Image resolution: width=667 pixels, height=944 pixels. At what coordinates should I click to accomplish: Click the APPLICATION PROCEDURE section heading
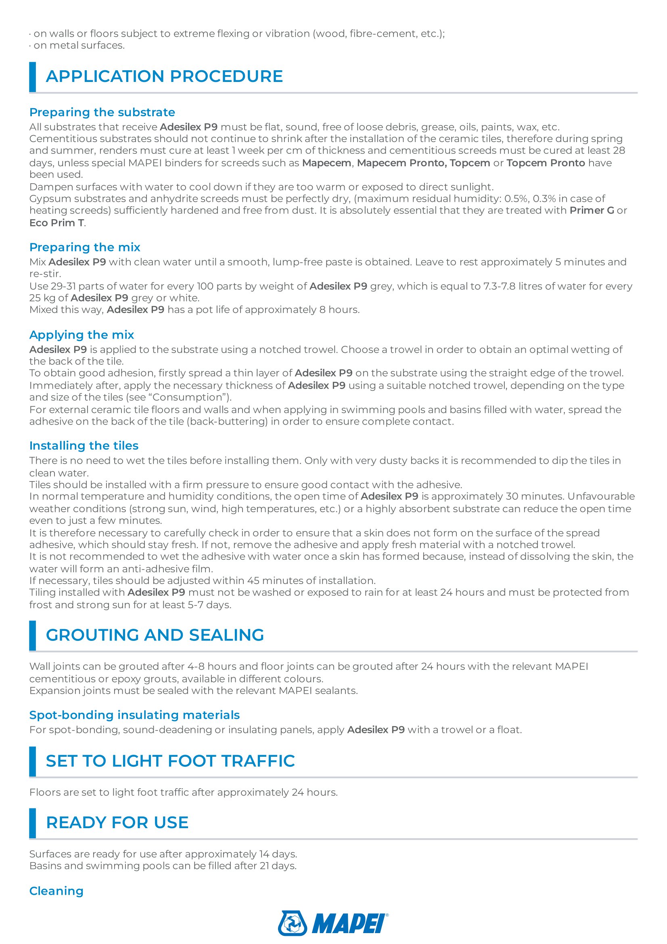point(164,76)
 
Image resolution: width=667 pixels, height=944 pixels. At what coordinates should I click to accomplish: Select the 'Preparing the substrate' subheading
point(102,112)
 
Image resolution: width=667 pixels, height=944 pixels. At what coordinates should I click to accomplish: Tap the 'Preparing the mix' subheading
point(85,247)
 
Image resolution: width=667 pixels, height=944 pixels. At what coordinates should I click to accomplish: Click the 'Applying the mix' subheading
point(82,335)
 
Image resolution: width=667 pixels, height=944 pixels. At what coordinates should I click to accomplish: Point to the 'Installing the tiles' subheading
point(84,446)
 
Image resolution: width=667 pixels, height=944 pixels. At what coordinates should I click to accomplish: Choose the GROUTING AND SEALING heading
point(155,635)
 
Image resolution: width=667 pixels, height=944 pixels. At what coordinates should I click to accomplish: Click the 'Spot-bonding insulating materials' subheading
point(134,715)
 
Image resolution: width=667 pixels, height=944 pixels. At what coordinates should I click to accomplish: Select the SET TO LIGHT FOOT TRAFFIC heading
point(170,761)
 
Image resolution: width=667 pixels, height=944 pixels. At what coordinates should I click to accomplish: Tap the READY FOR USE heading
point(117,823)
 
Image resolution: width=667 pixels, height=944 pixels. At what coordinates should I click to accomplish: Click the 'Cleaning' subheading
point(56,891)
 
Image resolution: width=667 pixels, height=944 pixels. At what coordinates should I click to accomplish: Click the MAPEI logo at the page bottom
point(333,923)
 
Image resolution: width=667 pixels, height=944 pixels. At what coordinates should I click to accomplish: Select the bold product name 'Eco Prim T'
point(57,223)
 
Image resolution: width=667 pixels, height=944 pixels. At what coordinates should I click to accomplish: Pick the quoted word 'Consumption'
point(192,397)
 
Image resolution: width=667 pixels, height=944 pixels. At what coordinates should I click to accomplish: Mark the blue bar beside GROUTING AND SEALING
point(32,636)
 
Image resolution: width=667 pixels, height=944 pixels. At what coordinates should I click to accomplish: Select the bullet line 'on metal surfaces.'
point(79,45)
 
